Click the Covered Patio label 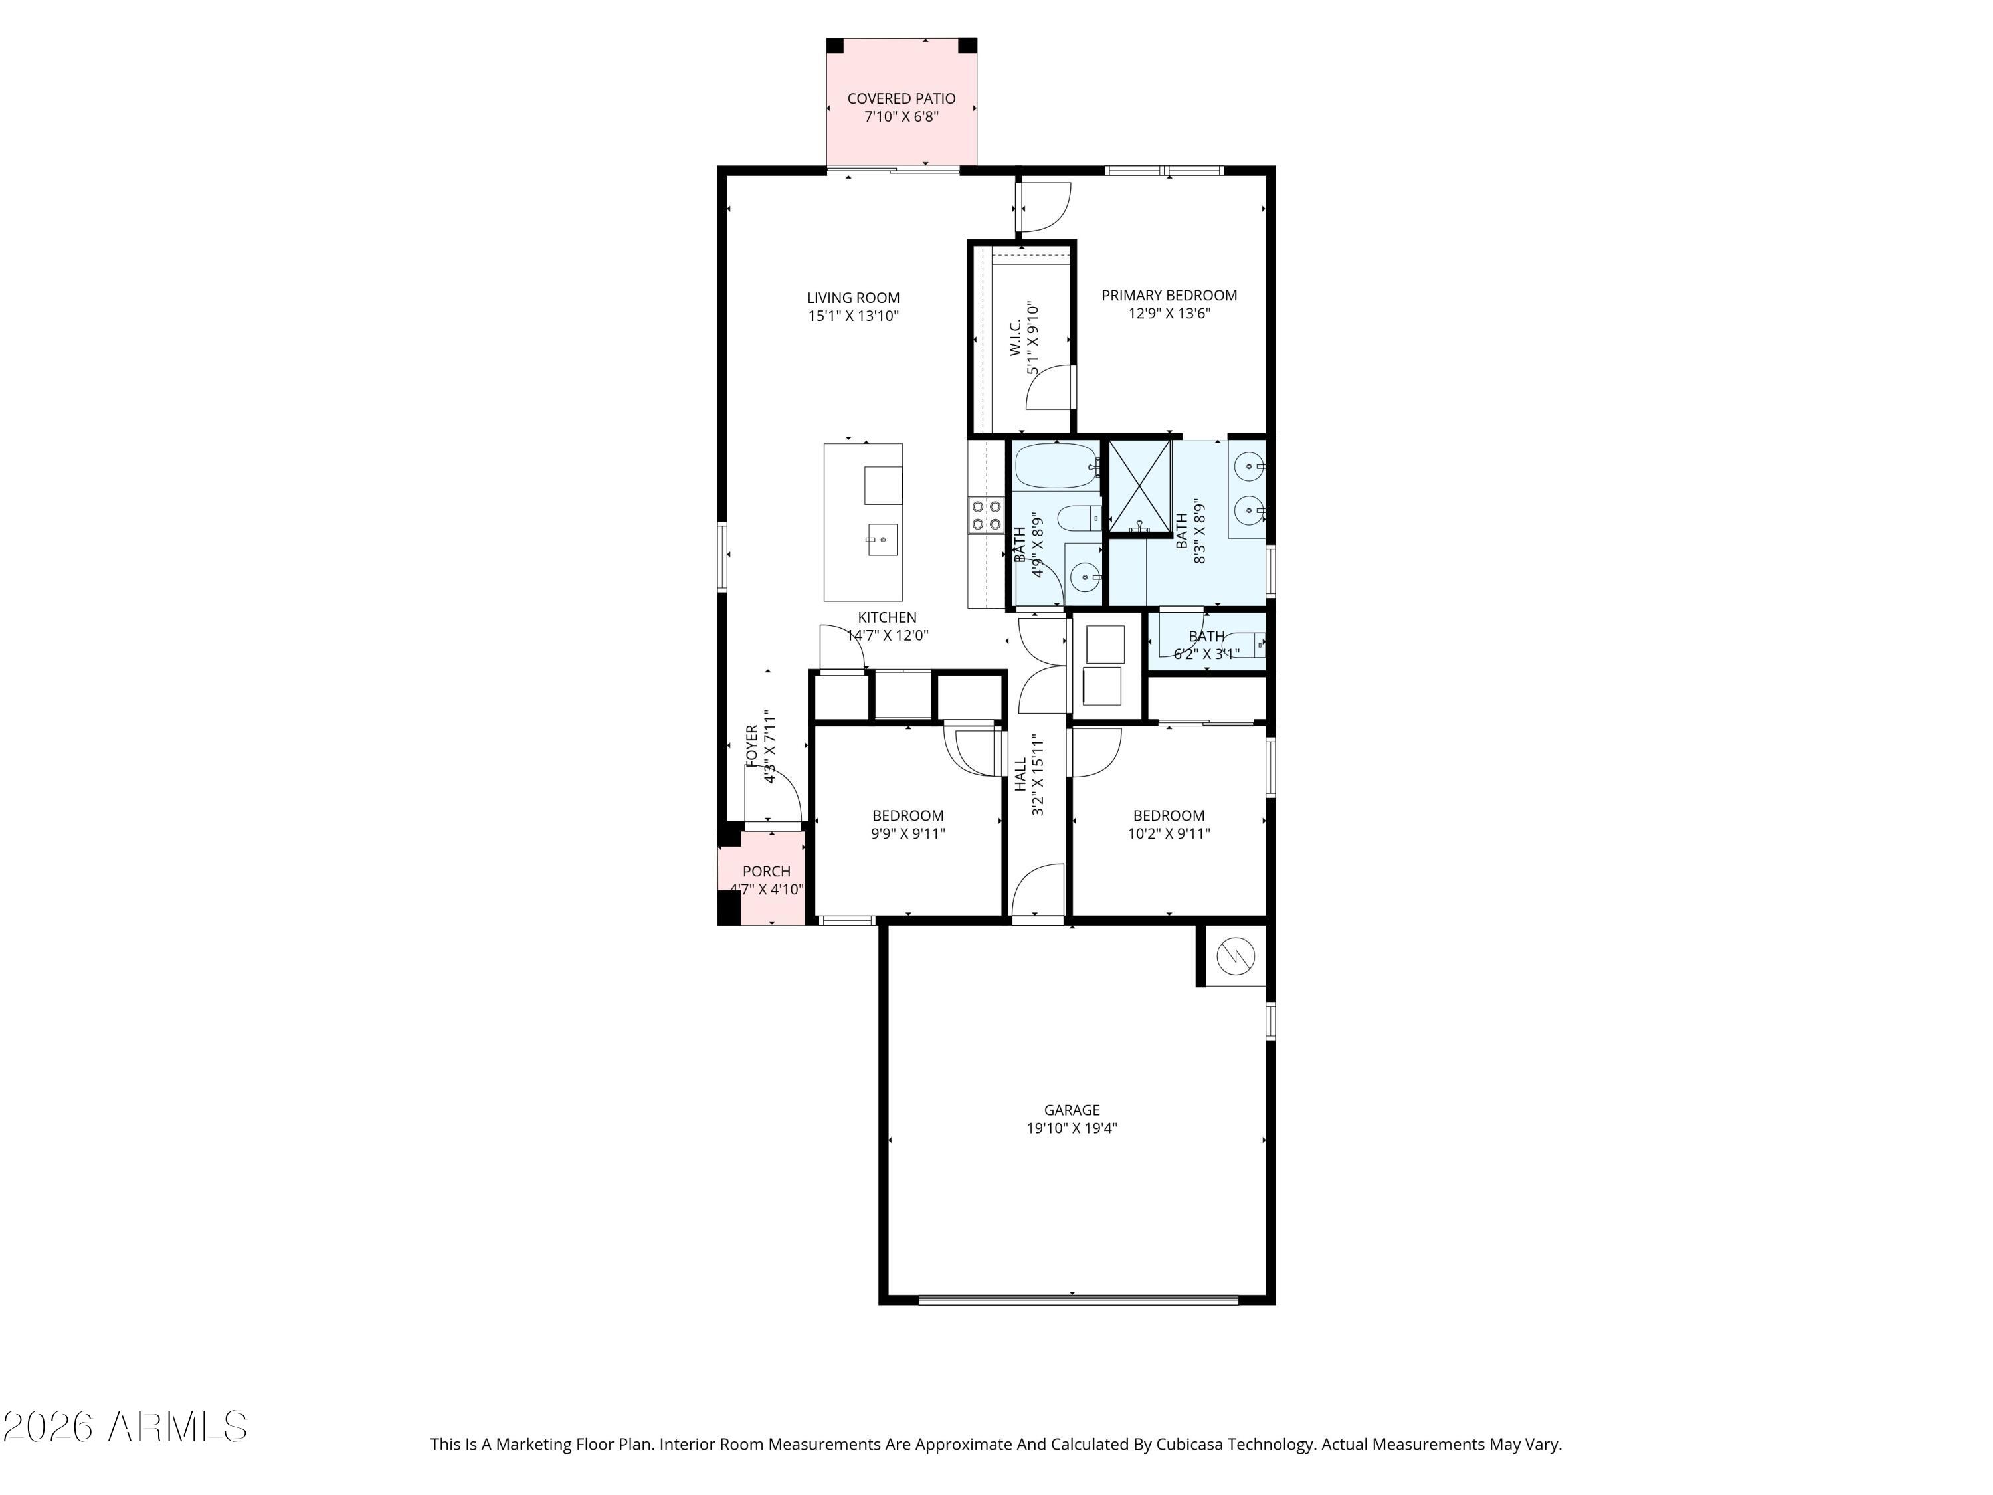[x=901, y=98]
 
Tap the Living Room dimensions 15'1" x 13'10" [x=853, y=316]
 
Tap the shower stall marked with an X [x=1139, y=486]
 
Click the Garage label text [x=1072, y=1110]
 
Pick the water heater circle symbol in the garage [x=1235, y=955]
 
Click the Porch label [x=766, y=871]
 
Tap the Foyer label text [x=752, y=746]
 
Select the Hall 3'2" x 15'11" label [x=1029, y=775]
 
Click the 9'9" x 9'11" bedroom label [x=907, y=825]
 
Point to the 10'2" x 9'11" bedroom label [x=1169, y=825]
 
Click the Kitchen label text [x=887, y=617]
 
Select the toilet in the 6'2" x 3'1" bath [x=1244, y=643]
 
